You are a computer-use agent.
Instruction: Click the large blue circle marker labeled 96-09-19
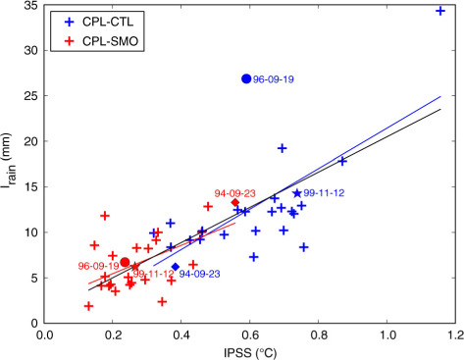tap(246, 78)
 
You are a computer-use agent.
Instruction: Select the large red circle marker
tap(125, 262)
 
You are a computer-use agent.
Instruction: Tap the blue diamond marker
tap(176, 267)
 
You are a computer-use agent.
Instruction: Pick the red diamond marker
tap(235, 202)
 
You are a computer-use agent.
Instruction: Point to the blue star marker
tap(297, 193)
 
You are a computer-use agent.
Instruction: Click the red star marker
tap(135, 267)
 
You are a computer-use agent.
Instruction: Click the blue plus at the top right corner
tap(440, 11)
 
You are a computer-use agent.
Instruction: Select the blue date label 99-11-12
tap(324, 193)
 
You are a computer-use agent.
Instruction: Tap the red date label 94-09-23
tap(234, 193)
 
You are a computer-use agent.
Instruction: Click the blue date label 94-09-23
tap(199, 274)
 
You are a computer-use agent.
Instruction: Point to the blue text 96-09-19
tap(274, 79)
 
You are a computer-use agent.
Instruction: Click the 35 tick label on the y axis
tap(30, 6)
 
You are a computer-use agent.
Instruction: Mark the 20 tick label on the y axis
tap(30, 141)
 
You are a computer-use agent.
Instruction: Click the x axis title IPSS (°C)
tap(250, 353)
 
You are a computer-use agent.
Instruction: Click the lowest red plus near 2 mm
tap(88, 306)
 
